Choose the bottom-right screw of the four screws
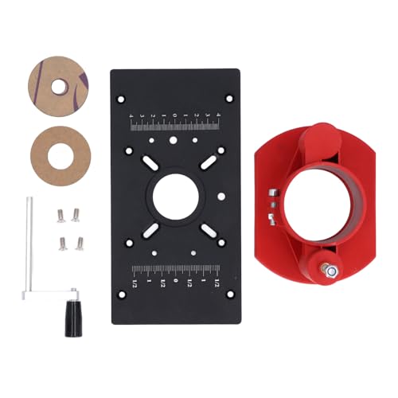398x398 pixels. coord(80,244)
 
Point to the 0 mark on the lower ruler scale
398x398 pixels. coord(175,283)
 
